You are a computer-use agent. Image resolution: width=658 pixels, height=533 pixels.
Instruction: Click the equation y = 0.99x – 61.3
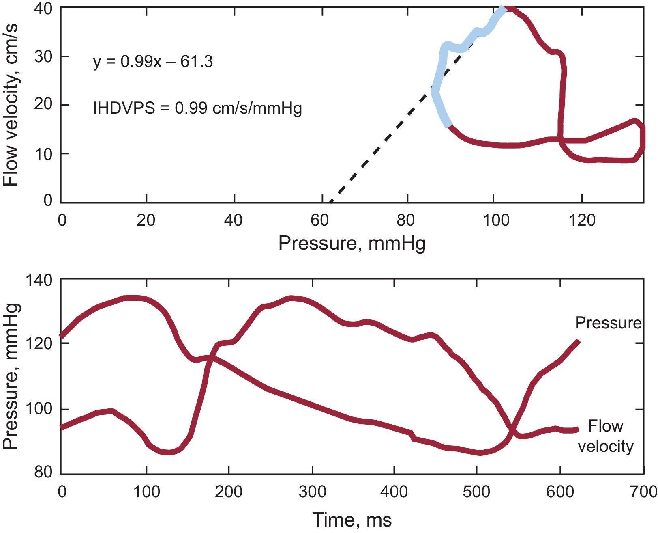click(x=153, y=62)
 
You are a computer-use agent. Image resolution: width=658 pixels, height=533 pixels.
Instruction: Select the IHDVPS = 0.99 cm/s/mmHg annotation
click(x=197, y=108)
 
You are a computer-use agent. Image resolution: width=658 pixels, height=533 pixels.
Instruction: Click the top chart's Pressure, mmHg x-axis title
click(x=352, y=244)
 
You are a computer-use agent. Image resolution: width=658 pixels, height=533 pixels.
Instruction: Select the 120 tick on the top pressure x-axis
click(x=582, y=220)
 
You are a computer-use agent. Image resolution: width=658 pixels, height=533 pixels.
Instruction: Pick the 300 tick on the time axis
click(x=312, y=492)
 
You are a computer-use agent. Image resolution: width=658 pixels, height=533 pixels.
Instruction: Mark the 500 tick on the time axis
click(x=477, y=492)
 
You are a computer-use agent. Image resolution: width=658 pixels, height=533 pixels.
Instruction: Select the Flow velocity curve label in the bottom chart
click(x=605, y=436)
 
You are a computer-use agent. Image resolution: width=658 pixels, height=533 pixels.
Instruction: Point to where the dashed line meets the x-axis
click(x=330, y=202)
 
